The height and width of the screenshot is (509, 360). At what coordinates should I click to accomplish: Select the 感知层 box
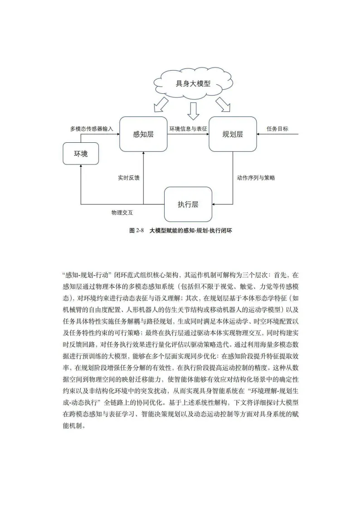coord(143,134)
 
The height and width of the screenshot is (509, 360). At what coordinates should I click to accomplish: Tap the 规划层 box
coord(233,134)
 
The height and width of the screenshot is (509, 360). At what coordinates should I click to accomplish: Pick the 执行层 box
coord(188,204)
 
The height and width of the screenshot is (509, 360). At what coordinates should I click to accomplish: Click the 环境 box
coord(81,154)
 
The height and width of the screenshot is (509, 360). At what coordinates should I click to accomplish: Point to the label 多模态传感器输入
coord(91,129)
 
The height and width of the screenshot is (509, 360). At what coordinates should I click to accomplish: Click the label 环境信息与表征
coord(188,129)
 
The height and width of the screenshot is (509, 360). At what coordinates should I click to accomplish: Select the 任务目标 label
coord(277,129)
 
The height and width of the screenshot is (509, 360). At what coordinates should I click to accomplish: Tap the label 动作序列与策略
coord(256,178)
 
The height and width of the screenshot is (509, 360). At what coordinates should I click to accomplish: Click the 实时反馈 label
coord(128,178)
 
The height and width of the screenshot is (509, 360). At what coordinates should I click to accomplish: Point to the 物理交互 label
coord(122,212)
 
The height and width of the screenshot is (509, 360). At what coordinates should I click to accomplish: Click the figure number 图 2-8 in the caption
coord(136,230)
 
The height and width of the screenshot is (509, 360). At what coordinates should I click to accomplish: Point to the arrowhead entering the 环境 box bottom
coord(81,168)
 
